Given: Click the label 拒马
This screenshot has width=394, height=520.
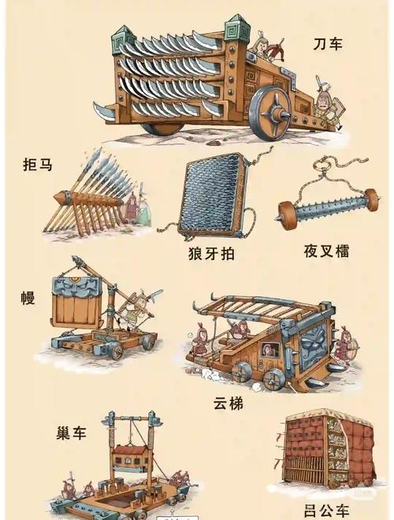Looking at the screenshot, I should click(x=39, y=165).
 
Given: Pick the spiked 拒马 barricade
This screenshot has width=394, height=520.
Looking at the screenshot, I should click(x=91, y=193).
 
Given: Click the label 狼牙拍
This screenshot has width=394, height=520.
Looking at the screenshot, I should click(x=211, y=254).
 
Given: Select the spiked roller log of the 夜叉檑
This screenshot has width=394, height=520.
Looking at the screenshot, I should click(x=323, y=210).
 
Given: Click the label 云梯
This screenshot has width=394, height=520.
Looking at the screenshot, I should click(x=228, y=404).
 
